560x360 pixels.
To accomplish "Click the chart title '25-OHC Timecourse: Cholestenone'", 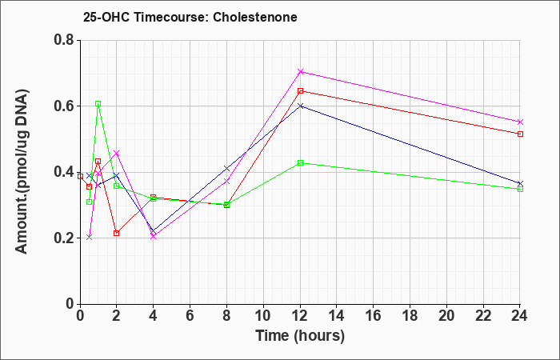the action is pos(190,17).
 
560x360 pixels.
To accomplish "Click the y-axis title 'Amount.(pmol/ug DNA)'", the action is pos(22,172).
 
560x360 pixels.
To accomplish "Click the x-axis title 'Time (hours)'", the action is pos(300,336).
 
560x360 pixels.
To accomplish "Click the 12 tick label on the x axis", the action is pos(300,316).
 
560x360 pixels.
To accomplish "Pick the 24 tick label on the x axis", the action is pos(520,316).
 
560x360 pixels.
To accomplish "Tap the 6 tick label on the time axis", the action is pos(190,316).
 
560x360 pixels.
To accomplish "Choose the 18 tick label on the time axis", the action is pos(410,316).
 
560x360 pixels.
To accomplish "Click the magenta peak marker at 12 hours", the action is pos(300,72).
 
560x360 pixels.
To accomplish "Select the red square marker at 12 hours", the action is pos(300,91).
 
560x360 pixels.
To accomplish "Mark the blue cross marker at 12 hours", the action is pos(300,106).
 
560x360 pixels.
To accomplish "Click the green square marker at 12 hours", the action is pos(300,163).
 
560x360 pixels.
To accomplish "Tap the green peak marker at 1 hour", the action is pos(98,103).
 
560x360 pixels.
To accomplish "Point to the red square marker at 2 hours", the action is pos(117,234).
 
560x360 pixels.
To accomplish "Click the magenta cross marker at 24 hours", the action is pos(520,122).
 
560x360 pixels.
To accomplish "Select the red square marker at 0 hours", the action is pos(80,177).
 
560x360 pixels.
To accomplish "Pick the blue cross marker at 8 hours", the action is pos(226,168).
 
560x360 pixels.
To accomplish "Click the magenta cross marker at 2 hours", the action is pos(117,154).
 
